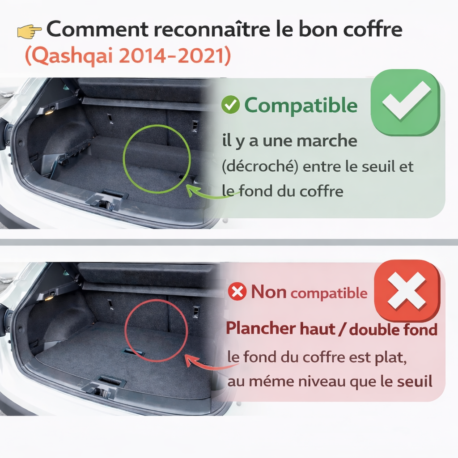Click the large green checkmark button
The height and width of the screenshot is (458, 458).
406,102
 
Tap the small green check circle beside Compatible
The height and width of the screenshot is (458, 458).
230,106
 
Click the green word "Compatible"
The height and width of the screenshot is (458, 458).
301,106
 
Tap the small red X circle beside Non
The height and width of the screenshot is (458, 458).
237,292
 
